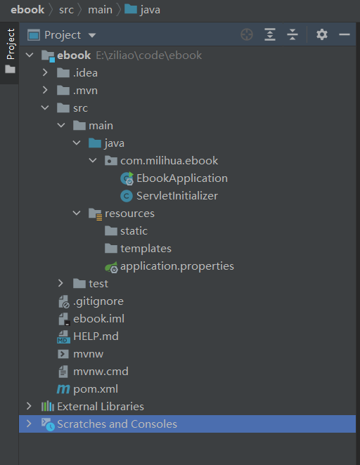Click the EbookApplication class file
point(182,178)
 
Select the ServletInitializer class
point(177,196)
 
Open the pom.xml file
point(96,389)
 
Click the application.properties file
point(177,266)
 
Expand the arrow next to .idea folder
point(45,72)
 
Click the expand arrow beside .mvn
point(45,90)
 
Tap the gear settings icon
point(322,34)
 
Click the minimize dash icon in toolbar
point(345,34)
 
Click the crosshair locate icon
point(247,34)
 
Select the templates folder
point(146,249)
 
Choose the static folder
point(134,231)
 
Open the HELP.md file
point(96,336)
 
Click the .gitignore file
point(98,301)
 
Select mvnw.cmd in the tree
point(101,372)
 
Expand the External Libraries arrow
point(29,406)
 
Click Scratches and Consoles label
point(117,424)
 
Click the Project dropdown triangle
point(92,35)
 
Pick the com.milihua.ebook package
point(169,161)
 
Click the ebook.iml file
point(99,319)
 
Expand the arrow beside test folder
point(60,284)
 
